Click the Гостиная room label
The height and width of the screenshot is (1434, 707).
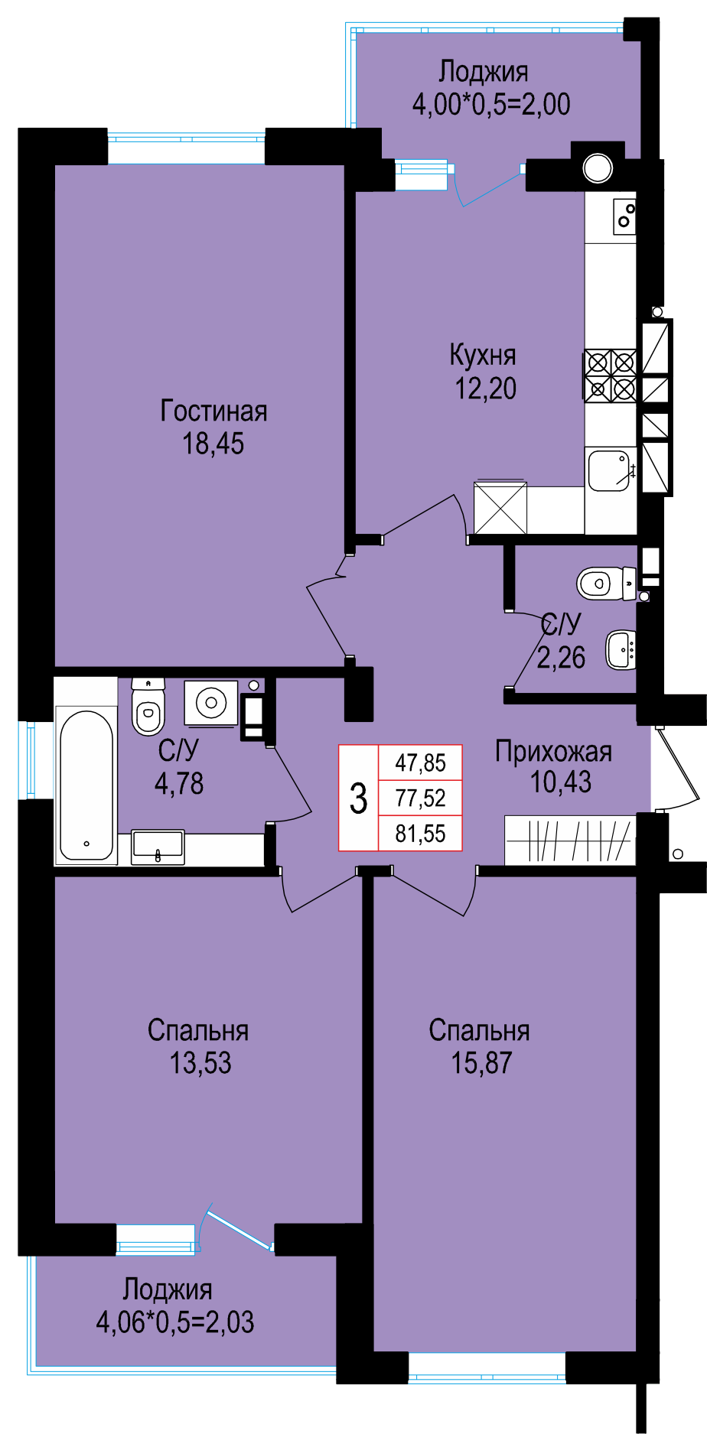click(213, 411)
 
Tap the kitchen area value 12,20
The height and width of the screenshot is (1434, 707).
click(486, 389)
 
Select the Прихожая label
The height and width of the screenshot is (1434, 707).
click(553, 751)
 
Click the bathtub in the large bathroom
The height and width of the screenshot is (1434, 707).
click(86, 785)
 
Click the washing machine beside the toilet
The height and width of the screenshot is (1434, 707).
click(210, 702)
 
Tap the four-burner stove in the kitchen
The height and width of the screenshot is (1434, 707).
click(611, 376)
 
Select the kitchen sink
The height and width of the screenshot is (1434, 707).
click(610, 469)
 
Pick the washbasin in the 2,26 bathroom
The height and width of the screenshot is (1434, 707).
click(621, 650)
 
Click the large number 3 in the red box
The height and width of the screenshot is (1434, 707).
click(358, 798)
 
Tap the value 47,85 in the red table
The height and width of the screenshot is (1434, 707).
click(420, 763)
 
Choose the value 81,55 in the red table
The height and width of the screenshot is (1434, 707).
click(420, 833)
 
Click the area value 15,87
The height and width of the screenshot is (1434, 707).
click(481, 1063)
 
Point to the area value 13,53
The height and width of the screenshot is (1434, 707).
click(200, 1063)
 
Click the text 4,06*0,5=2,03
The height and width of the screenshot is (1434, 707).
click(175, 1322)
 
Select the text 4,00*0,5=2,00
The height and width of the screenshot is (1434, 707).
click(491, 104)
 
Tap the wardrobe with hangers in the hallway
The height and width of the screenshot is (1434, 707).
click(570, 841)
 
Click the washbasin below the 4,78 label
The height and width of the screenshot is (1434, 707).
click(158, 847)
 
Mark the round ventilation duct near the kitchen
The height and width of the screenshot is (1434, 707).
click(598, 167)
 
